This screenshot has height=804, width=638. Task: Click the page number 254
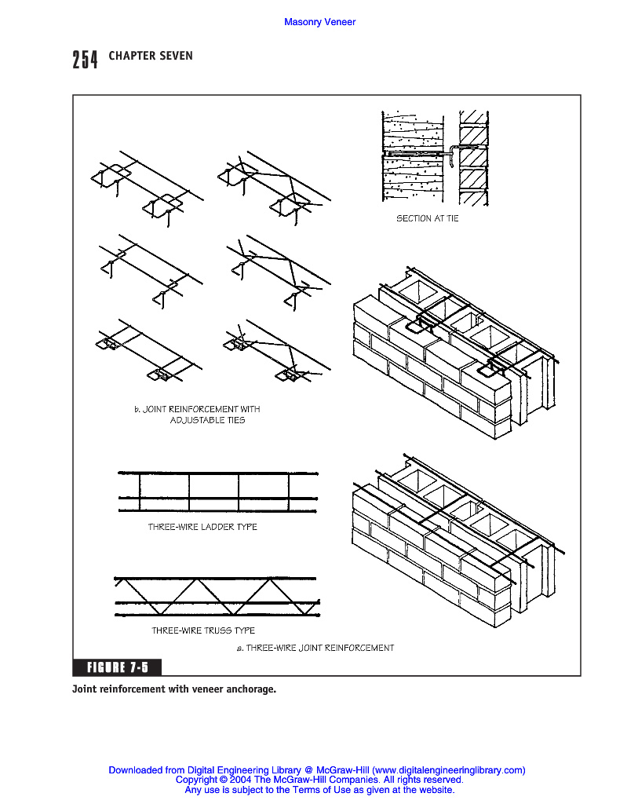[85, 59]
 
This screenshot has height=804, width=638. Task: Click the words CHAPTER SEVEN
[151, 56]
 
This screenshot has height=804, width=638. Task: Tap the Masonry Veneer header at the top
[319, 22]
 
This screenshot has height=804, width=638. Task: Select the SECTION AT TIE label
[427, 218]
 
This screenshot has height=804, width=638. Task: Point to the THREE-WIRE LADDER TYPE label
[202, 527]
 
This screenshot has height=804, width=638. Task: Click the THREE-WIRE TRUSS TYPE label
[203, 630]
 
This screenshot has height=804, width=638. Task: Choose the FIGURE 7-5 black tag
[117, 667]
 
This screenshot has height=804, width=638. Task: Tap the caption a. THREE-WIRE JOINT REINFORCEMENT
[315, 648]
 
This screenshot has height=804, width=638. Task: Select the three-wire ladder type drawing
[217, 492]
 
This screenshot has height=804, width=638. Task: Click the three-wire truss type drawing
[217, 596]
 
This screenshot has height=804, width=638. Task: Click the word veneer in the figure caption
[206, 689]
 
